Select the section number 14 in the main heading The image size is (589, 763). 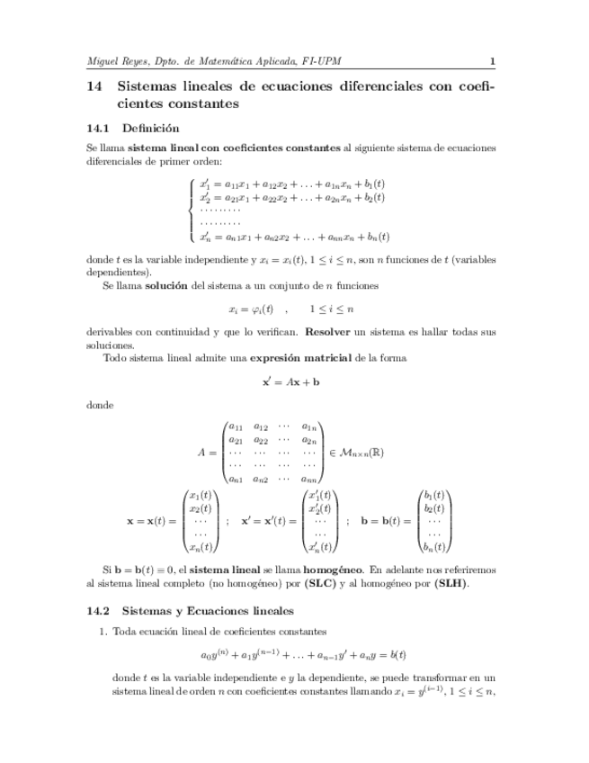[94, 87]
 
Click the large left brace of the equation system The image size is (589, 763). [192, 210]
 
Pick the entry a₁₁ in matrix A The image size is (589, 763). [236, 426]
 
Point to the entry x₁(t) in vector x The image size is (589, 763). [201, 496]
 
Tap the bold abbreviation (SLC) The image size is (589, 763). [320, 583]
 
